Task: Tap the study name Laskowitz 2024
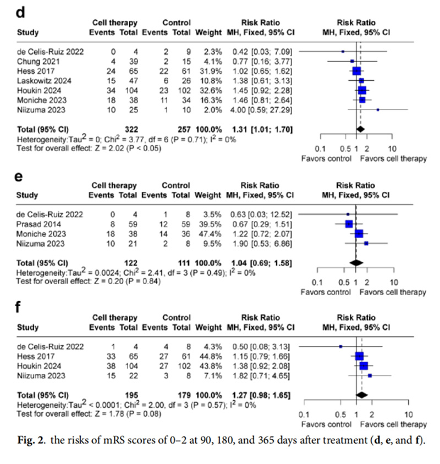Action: tap(43, 80)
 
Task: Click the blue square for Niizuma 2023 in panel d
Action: tap(378, 110)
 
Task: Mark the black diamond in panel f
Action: tap(362, 395)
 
